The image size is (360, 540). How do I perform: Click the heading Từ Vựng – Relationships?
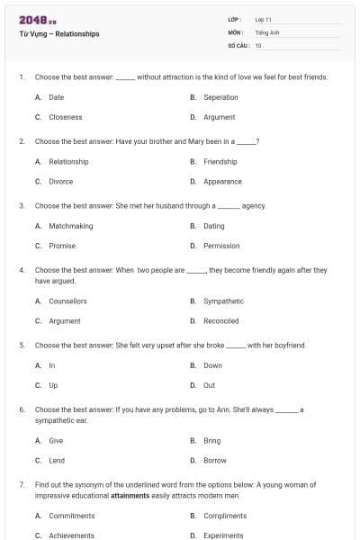(59, 34)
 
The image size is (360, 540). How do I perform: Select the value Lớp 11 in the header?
(264, 19)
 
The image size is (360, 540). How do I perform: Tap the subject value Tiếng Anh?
(267, 31)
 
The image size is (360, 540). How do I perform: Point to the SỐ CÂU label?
(238, 45)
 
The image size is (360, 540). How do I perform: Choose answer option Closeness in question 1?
(65, 117)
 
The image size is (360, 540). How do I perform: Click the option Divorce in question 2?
(61, 181)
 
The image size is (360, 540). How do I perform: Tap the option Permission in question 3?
(221, 246)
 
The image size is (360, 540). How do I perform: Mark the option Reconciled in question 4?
(221, 320)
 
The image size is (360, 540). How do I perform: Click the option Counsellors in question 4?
(67, 301)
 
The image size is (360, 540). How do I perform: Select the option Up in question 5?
(52, 385)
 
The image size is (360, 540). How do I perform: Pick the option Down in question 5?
(212, 365)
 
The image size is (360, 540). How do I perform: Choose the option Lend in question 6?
(57, 460)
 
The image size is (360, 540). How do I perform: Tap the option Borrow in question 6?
(215, 460)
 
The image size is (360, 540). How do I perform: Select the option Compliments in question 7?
(225, 516)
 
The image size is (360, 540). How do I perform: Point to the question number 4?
(21, 270)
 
